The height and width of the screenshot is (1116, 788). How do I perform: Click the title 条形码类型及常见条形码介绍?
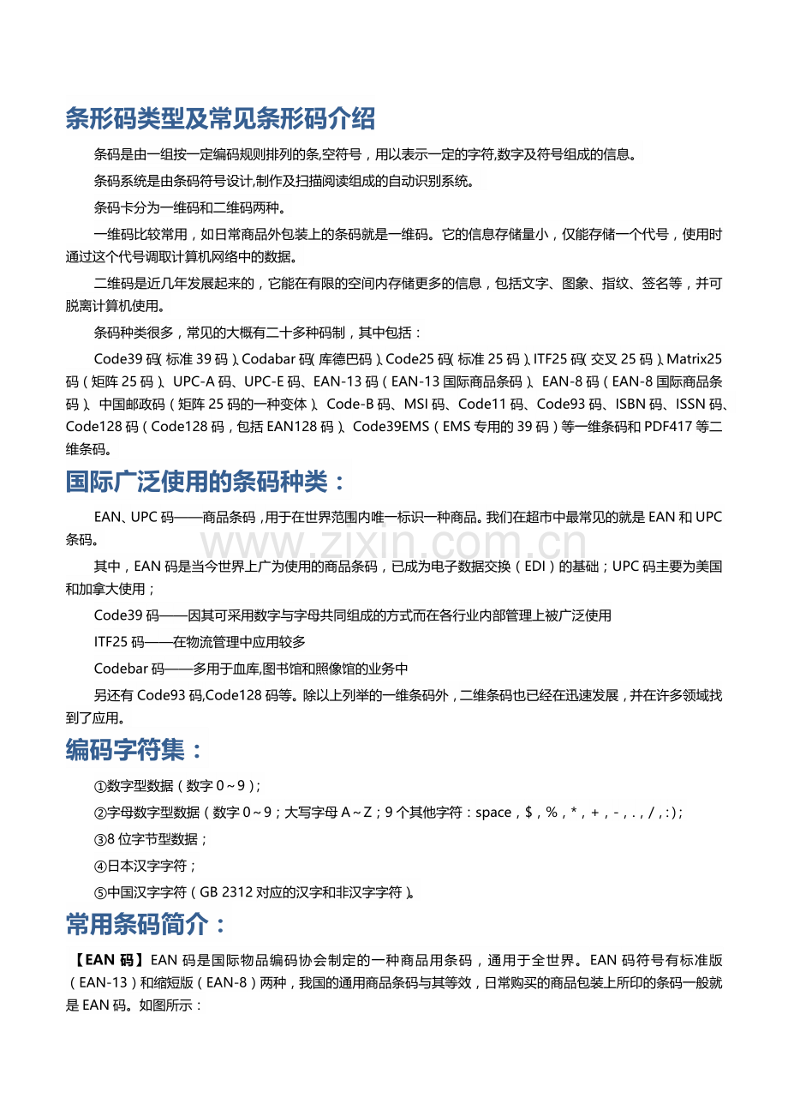220,119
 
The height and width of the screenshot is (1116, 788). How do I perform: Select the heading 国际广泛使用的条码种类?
206,483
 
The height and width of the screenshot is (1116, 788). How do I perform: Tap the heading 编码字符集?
135,751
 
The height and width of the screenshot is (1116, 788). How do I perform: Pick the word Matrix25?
694,358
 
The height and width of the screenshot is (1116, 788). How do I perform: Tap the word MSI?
418,404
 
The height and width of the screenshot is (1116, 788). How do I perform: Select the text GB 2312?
226,892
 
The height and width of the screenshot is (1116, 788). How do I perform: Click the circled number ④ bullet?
100,867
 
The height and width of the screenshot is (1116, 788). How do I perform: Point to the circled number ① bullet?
100,786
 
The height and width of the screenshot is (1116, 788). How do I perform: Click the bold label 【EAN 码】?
106,961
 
